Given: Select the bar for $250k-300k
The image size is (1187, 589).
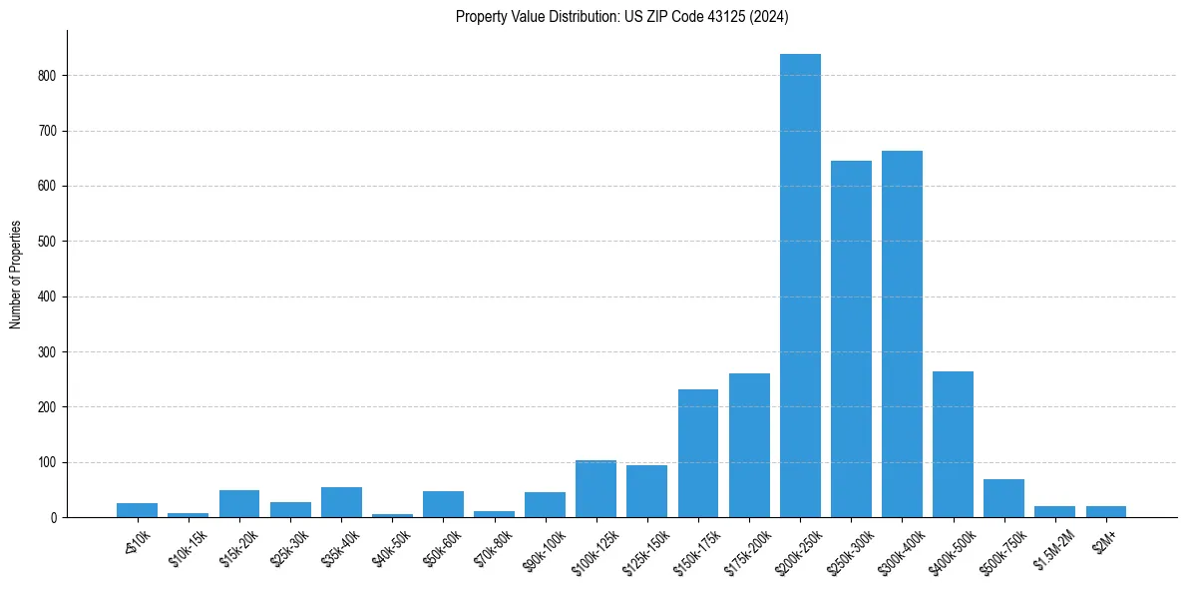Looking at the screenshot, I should tap(851, 339).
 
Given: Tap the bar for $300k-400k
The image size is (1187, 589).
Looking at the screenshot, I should tap(902, 334).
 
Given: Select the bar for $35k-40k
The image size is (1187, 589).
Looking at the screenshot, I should tap(341, 502).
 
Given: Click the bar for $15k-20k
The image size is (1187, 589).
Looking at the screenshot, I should tap(239, 504).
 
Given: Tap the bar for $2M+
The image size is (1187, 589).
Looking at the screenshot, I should tap(1105, 511).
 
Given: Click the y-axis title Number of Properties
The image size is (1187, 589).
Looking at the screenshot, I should tap(16, 275).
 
